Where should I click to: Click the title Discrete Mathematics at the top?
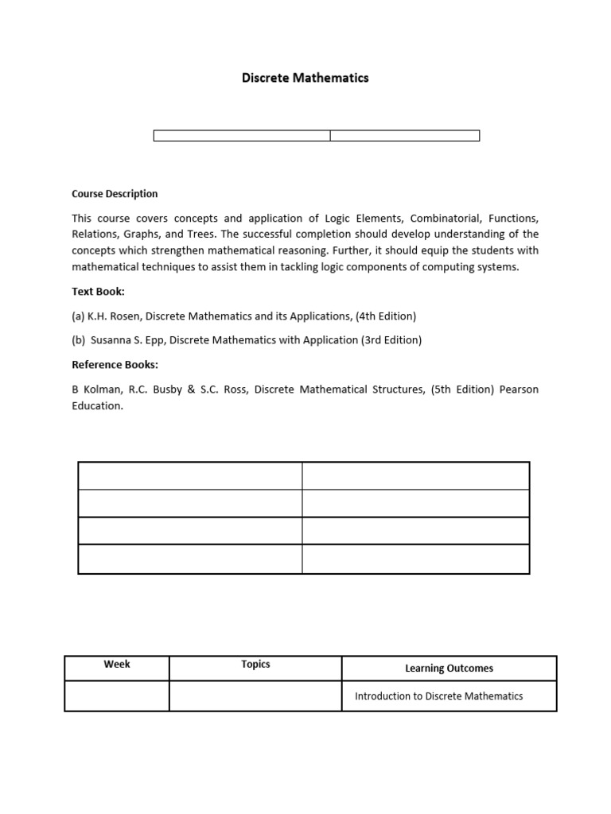pyautogui.click(x=305, y=78)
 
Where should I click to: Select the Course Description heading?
pyautogui.click(x=115, y=193)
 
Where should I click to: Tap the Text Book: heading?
pyautogui.click(x=98, y=292)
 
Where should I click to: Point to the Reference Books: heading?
pyautogui.click(x=115, y=365)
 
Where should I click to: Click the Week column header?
pyautogui.click(x=117, y=664)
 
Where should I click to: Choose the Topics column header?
pyautogui.click(x=255, y=664)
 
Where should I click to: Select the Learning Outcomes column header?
pyautogui.click(x=449, y=669)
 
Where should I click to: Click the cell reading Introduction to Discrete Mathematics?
pyautogui.click(x=438, y=696)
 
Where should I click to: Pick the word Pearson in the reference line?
pyautogui.click(x=519, y=390)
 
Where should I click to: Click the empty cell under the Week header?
pyautogui.click(x=117, y=696)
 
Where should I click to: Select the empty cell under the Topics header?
pyautogui.click(x=255, y=696)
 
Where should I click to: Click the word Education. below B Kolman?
pyautogui.click(x=98, y=405)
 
